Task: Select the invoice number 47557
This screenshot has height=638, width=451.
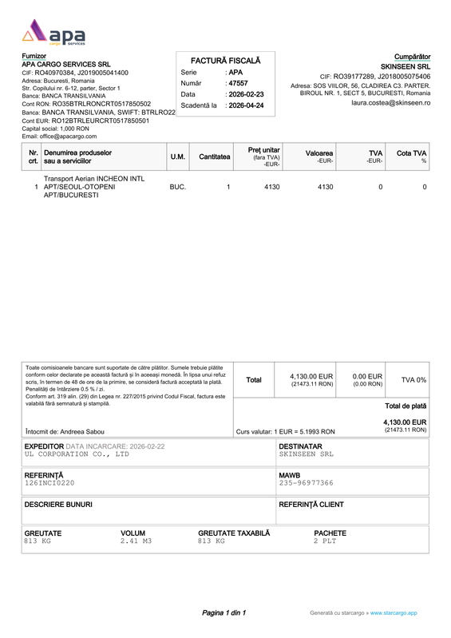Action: (238, 83)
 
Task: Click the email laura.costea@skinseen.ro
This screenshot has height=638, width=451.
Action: (390, 103)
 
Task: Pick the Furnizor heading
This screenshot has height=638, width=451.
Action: (34, 55)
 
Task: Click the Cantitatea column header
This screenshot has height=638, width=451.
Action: (215, 157)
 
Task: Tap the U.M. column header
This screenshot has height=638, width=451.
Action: (178, 157)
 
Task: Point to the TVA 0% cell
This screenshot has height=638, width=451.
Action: (413, 380)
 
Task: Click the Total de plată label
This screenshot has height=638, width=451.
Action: (406, 406)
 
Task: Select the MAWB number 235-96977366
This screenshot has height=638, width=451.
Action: (307, 483)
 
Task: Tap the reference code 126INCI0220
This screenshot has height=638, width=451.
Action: (49, 483)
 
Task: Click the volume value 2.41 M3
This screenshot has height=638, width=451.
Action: (136, 541)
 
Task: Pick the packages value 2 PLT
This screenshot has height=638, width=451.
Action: (326, 541)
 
